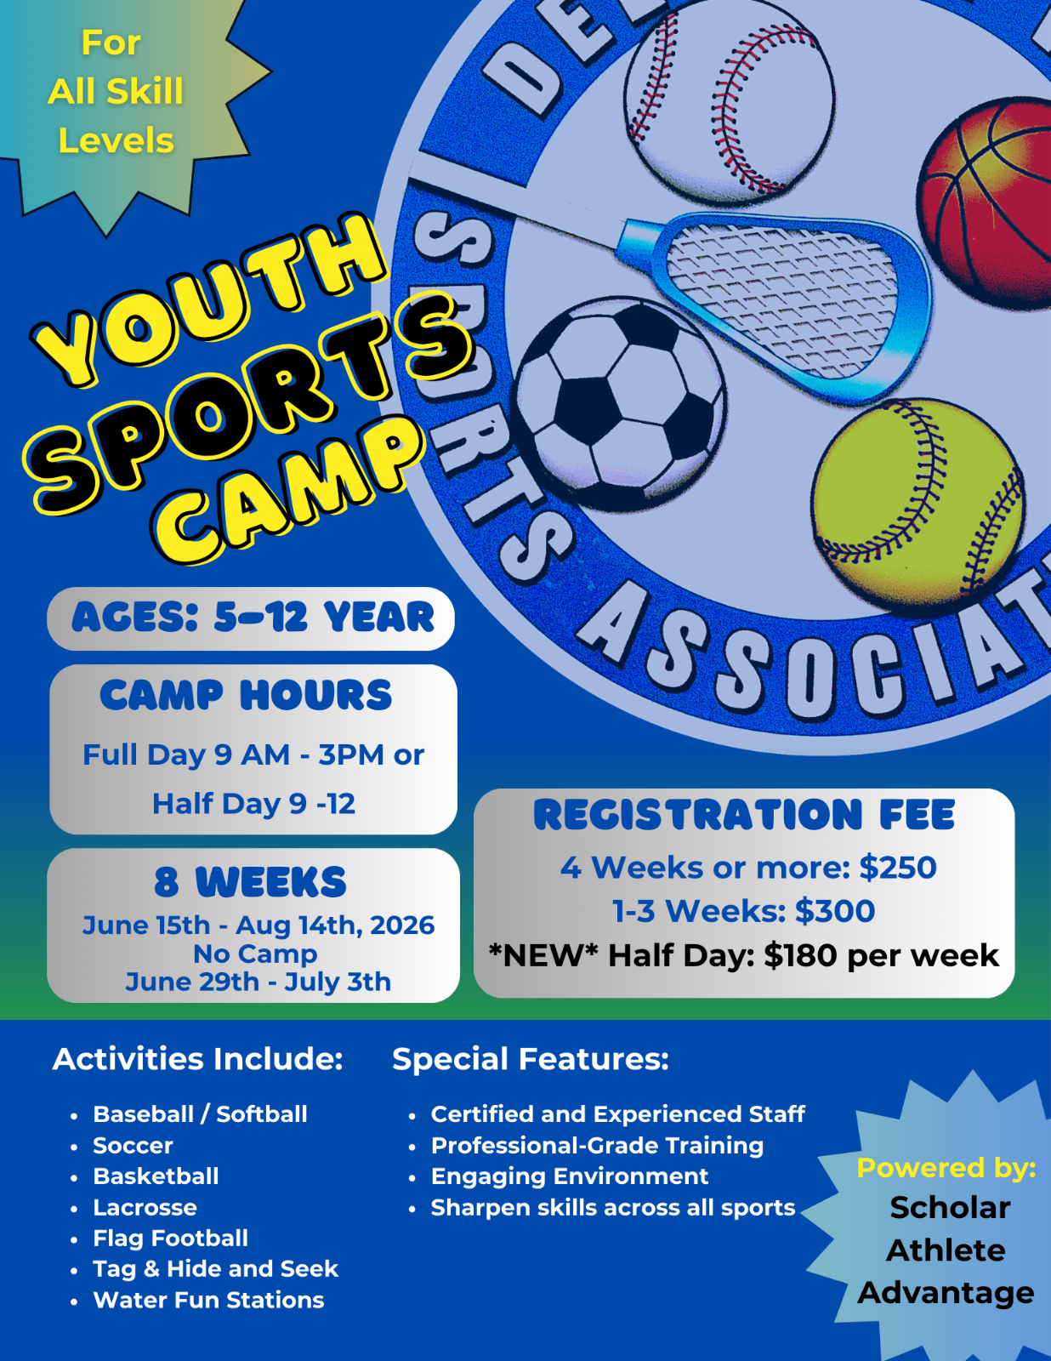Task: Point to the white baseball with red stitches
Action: tap(730, 100)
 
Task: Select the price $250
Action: tap(898, 868)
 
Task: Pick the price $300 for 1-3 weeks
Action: tap(835, 911)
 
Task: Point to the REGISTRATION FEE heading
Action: tap(744, 814)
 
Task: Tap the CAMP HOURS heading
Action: tap(246, 695)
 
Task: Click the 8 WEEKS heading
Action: tap(250, 882)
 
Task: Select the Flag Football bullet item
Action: tap(170, 1239)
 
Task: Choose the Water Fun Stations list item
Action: tap(208, 1301)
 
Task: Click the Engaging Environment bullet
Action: tap(570, 1176)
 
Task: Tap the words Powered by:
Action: tap(946, 1169)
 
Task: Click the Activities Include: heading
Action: tap(198, 1060)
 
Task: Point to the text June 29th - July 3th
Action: tap(258, 982)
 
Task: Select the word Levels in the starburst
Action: tap(116, 140)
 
